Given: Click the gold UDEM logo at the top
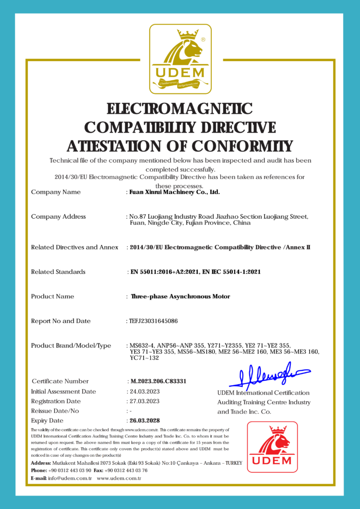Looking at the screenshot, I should point(180,59).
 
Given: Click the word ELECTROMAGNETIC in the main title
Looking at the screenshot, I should point(180,108).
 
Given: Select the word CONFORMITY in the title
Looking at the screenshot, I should point(242,146).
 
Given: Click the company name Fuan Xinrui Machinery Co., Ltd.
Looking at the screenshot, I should point(175,192).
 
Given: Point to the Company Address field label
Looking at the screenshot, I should point(58,217).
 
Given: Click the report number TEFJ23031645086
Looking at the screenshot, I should point(154,321).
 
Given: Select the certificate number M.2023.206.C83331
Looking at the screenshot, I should point(158,381).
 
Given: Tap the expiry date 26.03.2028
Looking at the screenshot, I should point(145,421).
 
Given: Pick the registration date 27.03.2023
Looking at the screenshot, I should point(145,401).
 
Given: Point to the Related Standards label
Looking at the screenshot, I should point(58,272).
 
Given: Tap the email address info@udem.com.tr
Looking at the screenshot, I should point(70,478).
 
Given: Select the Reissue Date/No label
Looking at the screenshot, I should point(55,411).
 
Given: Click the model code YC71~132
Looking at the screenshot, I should point(144,358).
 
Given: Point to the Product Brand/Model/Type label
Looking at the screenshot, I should point(71,346).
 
